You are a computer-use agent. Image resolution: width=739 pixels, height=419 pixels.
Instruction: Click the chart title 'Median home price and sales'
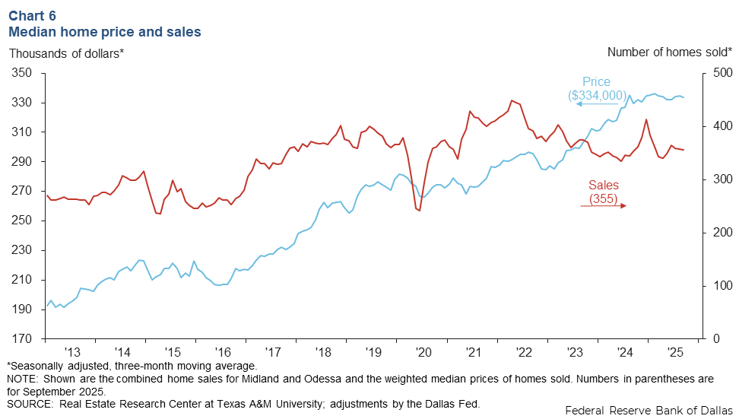click(x=104, y=32)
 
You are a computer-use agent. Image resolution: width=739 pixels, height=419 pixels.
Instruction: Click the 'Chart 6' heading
click(x=32, y=15)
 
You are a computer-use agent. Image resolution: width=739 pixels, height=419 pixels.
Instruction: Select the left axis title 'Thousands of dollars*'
click(x=66, y=52)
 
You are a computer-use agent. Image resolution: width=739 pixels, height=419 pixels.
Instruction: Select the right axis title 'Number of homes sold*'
click(x=670, y=52)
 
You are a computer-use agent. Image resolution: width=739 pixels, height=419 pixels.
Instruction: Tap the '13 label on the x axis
click(x=72, y=353)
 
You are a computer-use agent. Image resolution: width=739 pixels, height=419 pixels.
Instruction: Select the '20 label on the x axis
click(x=423, y=353)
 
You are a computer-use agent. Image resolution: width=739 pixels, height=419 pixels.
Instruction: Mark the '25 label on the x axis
click(x=674, y=353)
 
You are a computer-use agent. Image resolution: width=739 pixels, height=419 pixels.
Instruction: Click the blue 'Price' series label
click(x=596, y=82)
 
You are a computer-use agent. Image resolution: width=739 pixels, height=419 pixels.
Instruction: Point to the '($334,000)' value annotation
click(x=597, y=95)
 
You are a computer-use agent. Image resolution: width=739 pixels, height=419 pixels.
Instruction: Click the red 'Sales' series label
click(x=604, y=186)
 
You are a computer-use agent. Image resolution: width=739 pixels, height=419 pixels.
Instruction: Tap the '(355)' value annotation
click(x=604, y=199)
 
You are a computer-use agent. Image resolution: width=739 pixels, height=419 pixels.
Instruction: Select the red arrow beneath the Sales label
click(x=603, y=206)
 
